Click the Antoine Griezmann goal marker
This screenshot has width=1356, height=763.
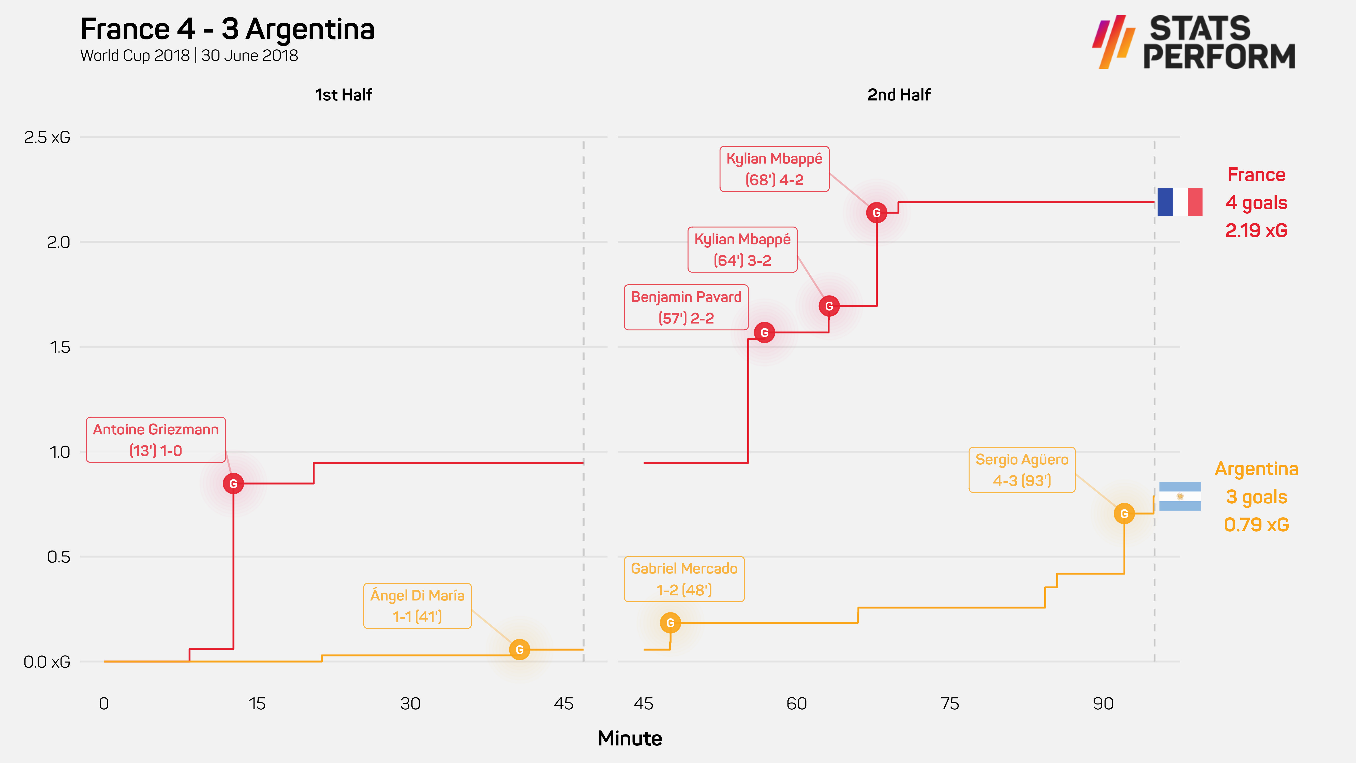233,483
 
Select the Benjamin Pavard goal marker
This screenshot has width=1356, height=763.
764,332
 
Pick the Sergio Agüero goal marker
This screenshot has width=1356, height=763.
1124,513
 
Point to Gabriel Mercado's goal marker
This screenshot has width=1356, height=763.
670,623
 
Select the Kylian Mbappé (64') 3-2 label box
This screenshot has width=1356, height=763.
742,250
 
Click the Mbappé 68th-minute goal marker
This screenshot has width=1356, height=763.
876,213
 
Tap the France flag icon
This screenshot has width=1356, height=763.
1180,202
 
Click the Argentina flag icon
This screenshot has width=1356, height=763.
1180,496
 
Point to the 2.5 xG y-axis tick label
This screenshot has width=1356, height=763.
47,137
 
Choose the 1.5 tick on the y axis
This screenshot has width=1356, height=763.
59,347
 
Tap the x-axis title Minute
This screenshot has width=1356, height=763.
630,738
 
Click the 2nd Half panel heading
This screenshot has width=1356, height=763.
899,95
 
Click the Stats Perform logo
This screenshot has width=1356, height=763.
1193,42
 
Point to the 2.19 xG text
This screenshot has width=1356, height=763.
1256,230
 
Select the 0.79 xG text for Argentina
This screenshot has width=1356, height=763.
1256,524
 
